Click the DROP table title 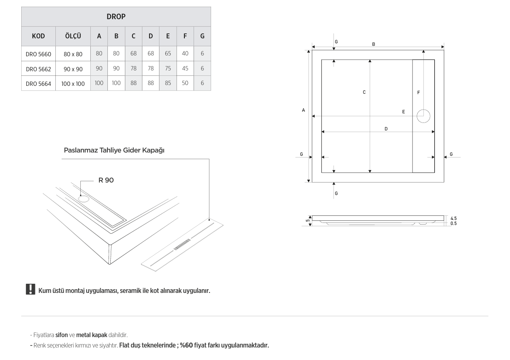(x=116, y=17)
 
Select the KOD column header (x=38, y=36)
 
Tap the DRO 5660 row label (x=38, y=54)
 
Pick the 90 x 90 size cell (x=73, y=69)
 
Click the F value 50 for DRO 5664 (x=185, y=83)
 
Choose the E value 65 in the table (x=168, y=53)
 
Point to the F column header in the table (x=185, y=36)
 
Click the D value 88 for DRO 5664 (x=151, y=83)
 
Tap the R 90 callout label (x=106, y=180)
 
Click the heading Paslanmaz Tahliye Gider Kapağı (x=114, y=150)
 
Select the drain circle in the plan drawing (x=423, y=116)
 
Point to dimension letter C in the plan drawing (x=364, y=92)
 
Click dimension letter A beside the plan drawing (x=304, y=110)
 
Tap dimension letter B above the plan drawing (x=373, y=44)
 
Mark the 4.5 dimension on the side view (x=453, y=218)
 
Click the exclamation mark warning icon (x=30, y=289)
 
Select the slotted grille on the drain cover (x=182, y=244)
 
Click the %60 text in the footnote (x=187, y=345)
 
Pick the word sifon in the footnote (x=62, y=335)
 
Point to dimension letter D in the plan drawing (x=386, y=129)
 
